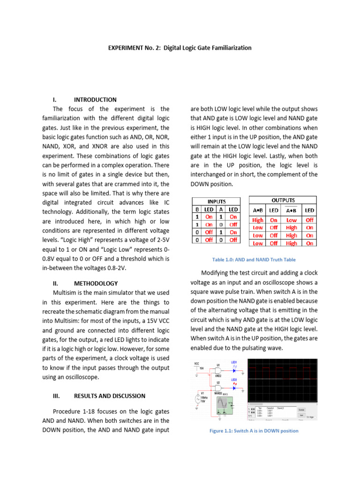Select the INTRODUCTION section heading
pyautogui.click(x=95, y=100)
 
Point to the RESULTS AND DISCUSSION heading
pyautogui.click(x=109, y=396)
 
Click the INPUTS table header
pyautogui.click(x=216, y=201)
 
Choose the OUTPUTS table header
pyautogui.click(x=283, y=200)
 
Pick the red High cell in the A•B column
pyautogui.click(x=258, y=219)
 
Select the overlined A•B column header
pyautogui.click(x=291, y=210)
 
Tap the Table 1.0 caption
pyautogui.click(x=254, y=260)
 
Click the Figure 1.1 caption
pyautogui.click(x=254, y=431)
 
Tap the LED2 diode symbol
pyautogui.click(x=234, y=388)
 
